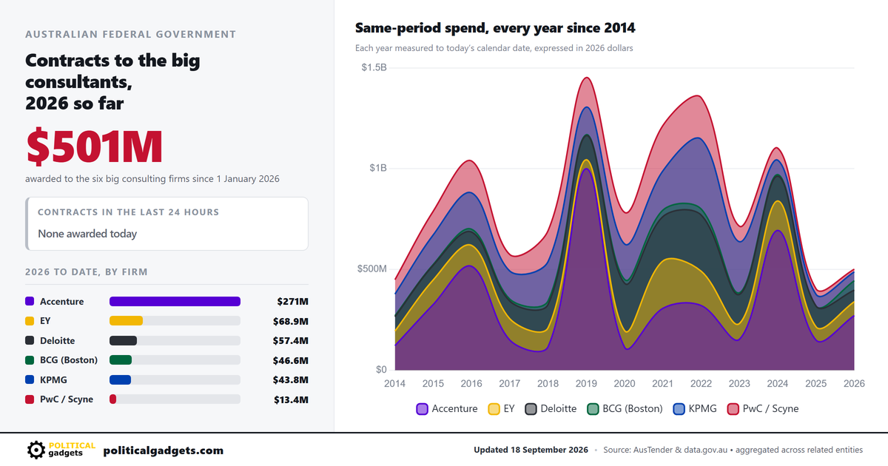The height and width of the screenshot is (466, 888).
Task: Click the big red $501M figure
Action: pos(95,146)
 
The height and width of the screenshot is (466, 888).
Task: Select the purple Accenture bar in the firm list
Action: pos(175,302)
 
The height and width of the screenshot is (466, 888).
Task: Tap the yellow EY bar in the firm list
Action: pos(126,320)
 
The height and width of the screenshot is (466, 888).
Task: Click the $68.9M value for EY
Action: pos(291,321)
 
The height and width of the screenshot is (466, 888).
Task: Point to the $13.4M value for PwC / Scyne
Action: pos(291,399)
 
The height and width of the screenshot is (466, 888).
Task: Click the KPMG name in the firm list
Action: pos(53,379)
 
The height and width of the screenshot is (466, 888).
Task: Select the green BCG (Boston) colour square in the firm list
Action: pos(30,359)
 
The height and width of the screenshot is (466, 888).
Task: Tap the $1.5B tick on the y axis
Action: pos(374,67)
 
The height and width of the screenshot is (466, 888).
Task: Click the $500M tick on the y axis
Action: pos(371,269)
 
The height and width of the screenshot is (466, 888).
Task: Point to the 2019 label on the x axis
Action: pos(586,383)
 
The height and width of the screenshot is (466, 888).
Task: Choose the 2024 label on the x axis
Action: pos(778,383)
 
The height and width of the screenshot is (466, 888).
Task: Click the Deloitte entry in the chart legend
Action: pos(551,408)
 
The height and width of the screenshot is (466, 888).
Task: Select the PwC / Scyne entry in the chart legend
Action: pos(763,408)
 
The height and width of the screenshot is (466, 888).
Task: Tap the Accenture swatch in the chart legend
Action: pos(423,409)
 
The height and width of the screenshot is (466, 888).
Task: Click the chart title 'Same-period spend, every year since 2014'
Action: pos(495,28)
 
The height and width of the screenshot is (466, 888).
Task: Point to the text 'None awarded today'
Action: pos(87,234)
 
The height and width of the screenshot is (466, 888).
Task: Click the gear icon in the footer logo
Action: pos(36,450)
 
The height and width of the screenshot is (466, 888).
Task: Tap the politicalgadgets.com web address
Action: pos(164,450)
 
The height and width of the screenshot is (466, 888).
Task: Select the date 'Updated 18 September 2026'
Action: pos(531,450)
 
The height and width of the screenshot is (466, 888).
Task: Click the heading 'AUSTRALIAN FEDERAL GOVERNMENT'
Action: pos(130,35)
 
